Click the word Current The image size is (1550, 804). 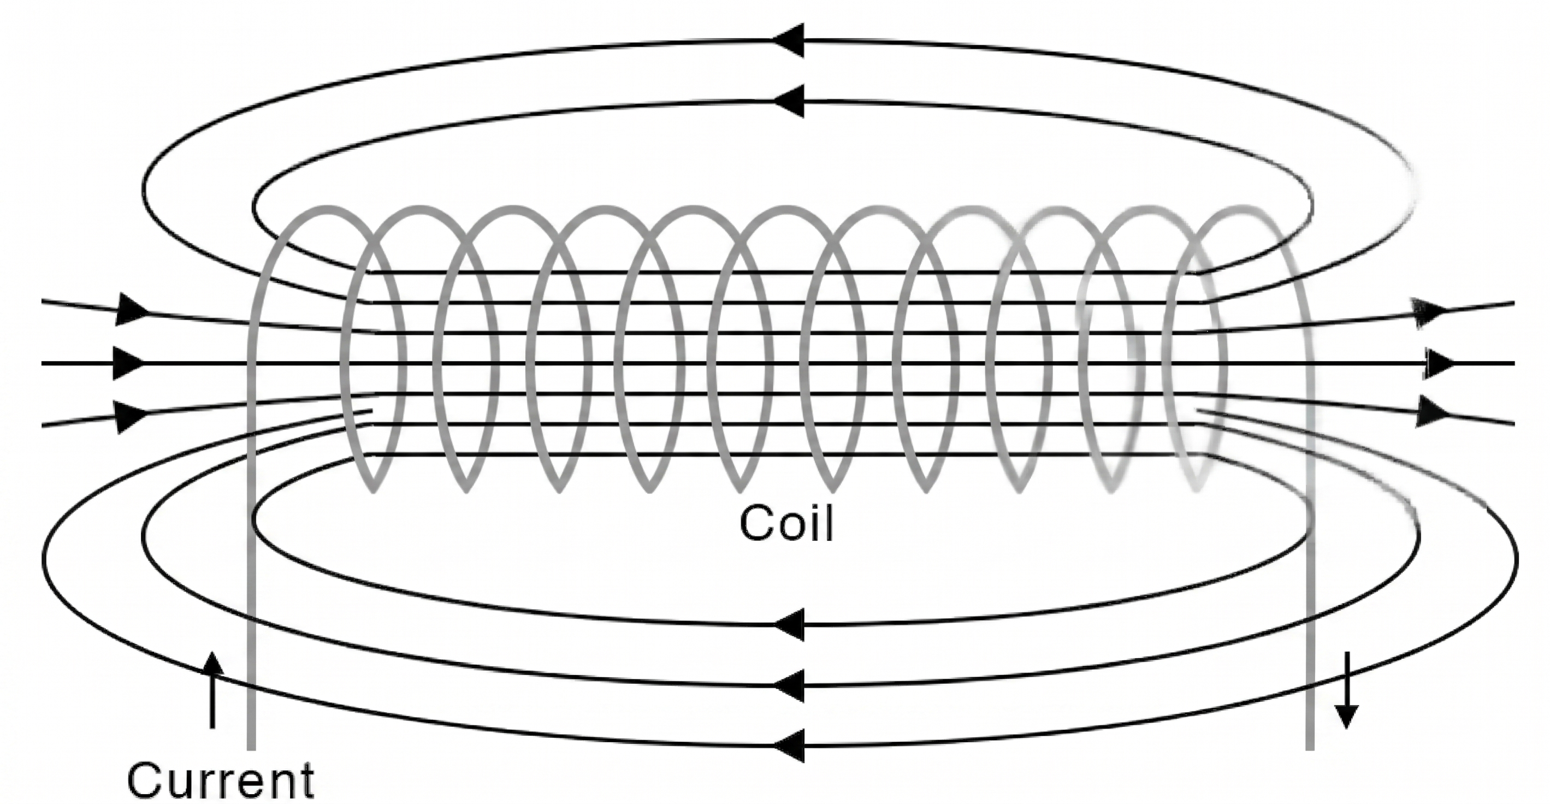[x=220, y=780]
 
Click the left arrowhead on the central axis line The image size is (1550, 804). [x=128, y=363]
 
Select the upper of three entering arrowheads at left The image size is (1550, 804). [x=131, y=309]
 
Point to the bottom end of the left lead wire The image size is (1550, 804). [x=252, y=746]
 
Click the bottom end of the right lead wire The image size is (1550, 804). [x=1310, y=746]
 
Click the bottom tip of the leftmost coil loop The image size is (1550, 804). [x=373, y=489]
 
